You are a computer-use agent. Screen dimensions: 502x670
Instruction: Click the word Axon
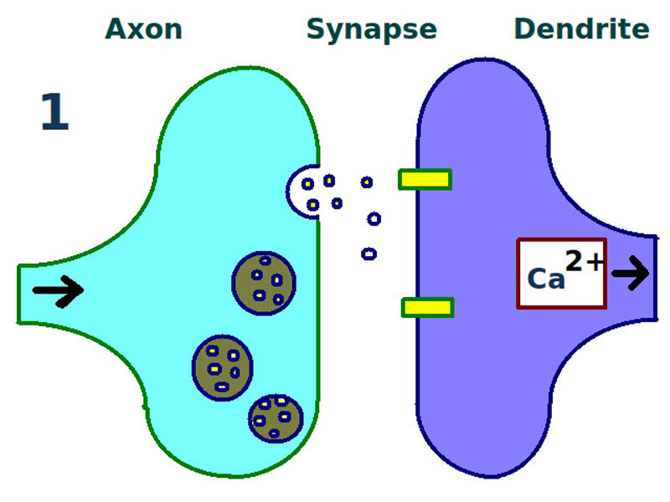point(143,29)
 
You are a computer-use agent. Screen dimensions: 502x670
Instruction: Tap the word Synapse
point(371,29)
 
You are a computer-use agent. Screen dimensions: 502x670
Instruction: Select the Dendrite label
point(581,29)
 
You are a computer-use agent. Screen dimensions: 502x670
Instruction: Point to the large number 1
point(54,113)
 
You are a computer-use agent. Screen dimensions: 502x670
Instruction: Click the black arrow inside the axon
point(58,290)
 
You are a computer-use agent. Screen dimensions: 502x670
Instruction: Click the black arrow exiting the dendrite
point(630,272)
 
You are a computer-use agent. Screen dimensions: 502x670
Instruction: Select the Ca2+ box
point(561,273)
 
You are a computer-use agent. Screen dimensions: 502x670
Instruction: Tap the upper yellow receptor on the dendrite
point(425,179)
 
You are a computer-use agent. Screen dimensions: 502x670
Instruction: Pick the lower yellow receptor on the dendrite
point(427,308)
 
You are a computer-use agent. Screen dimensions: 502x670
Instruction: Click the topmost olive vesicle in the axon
point(264,283)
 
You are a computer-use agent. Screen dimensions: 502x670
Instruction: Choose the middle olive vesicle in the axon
point(222,366)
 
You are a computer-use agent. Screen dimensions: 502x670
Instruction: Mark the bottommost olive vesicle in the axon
point(275,417)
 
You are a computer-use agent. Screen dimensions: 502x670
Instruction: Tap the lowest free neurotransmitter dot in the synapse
point(368,254)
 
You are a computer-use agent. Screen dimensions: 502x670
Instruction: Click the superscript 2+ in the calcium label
point(584,262)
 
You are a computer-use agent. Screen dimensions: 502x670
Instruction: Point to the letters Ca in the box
point(546,279)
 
